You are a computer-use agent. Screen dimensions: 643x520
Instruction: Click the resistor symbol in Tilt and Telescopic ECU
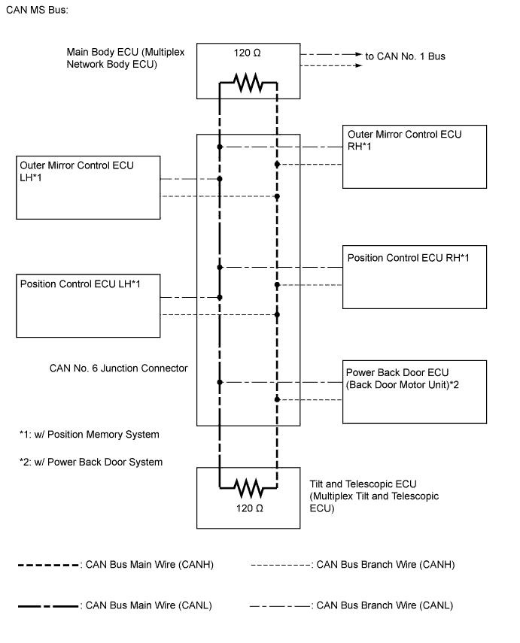coord(248,489)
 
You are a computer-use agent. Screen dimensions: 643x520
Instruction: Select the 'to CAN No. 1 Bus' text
coord(405,56)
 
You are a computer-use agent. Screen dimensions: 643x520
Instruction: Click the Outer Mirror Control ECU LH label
coord(77,171)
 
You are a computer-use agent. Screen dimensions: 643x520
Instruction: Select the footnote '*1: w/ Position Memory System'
coord(90,435)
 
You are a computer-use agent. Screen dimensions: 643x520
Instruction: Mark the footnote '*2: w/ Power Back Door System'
coord(91,462)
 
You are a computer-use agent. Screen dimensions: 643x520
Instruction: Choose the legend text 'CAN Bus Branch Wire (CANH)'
coord(386,564)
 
